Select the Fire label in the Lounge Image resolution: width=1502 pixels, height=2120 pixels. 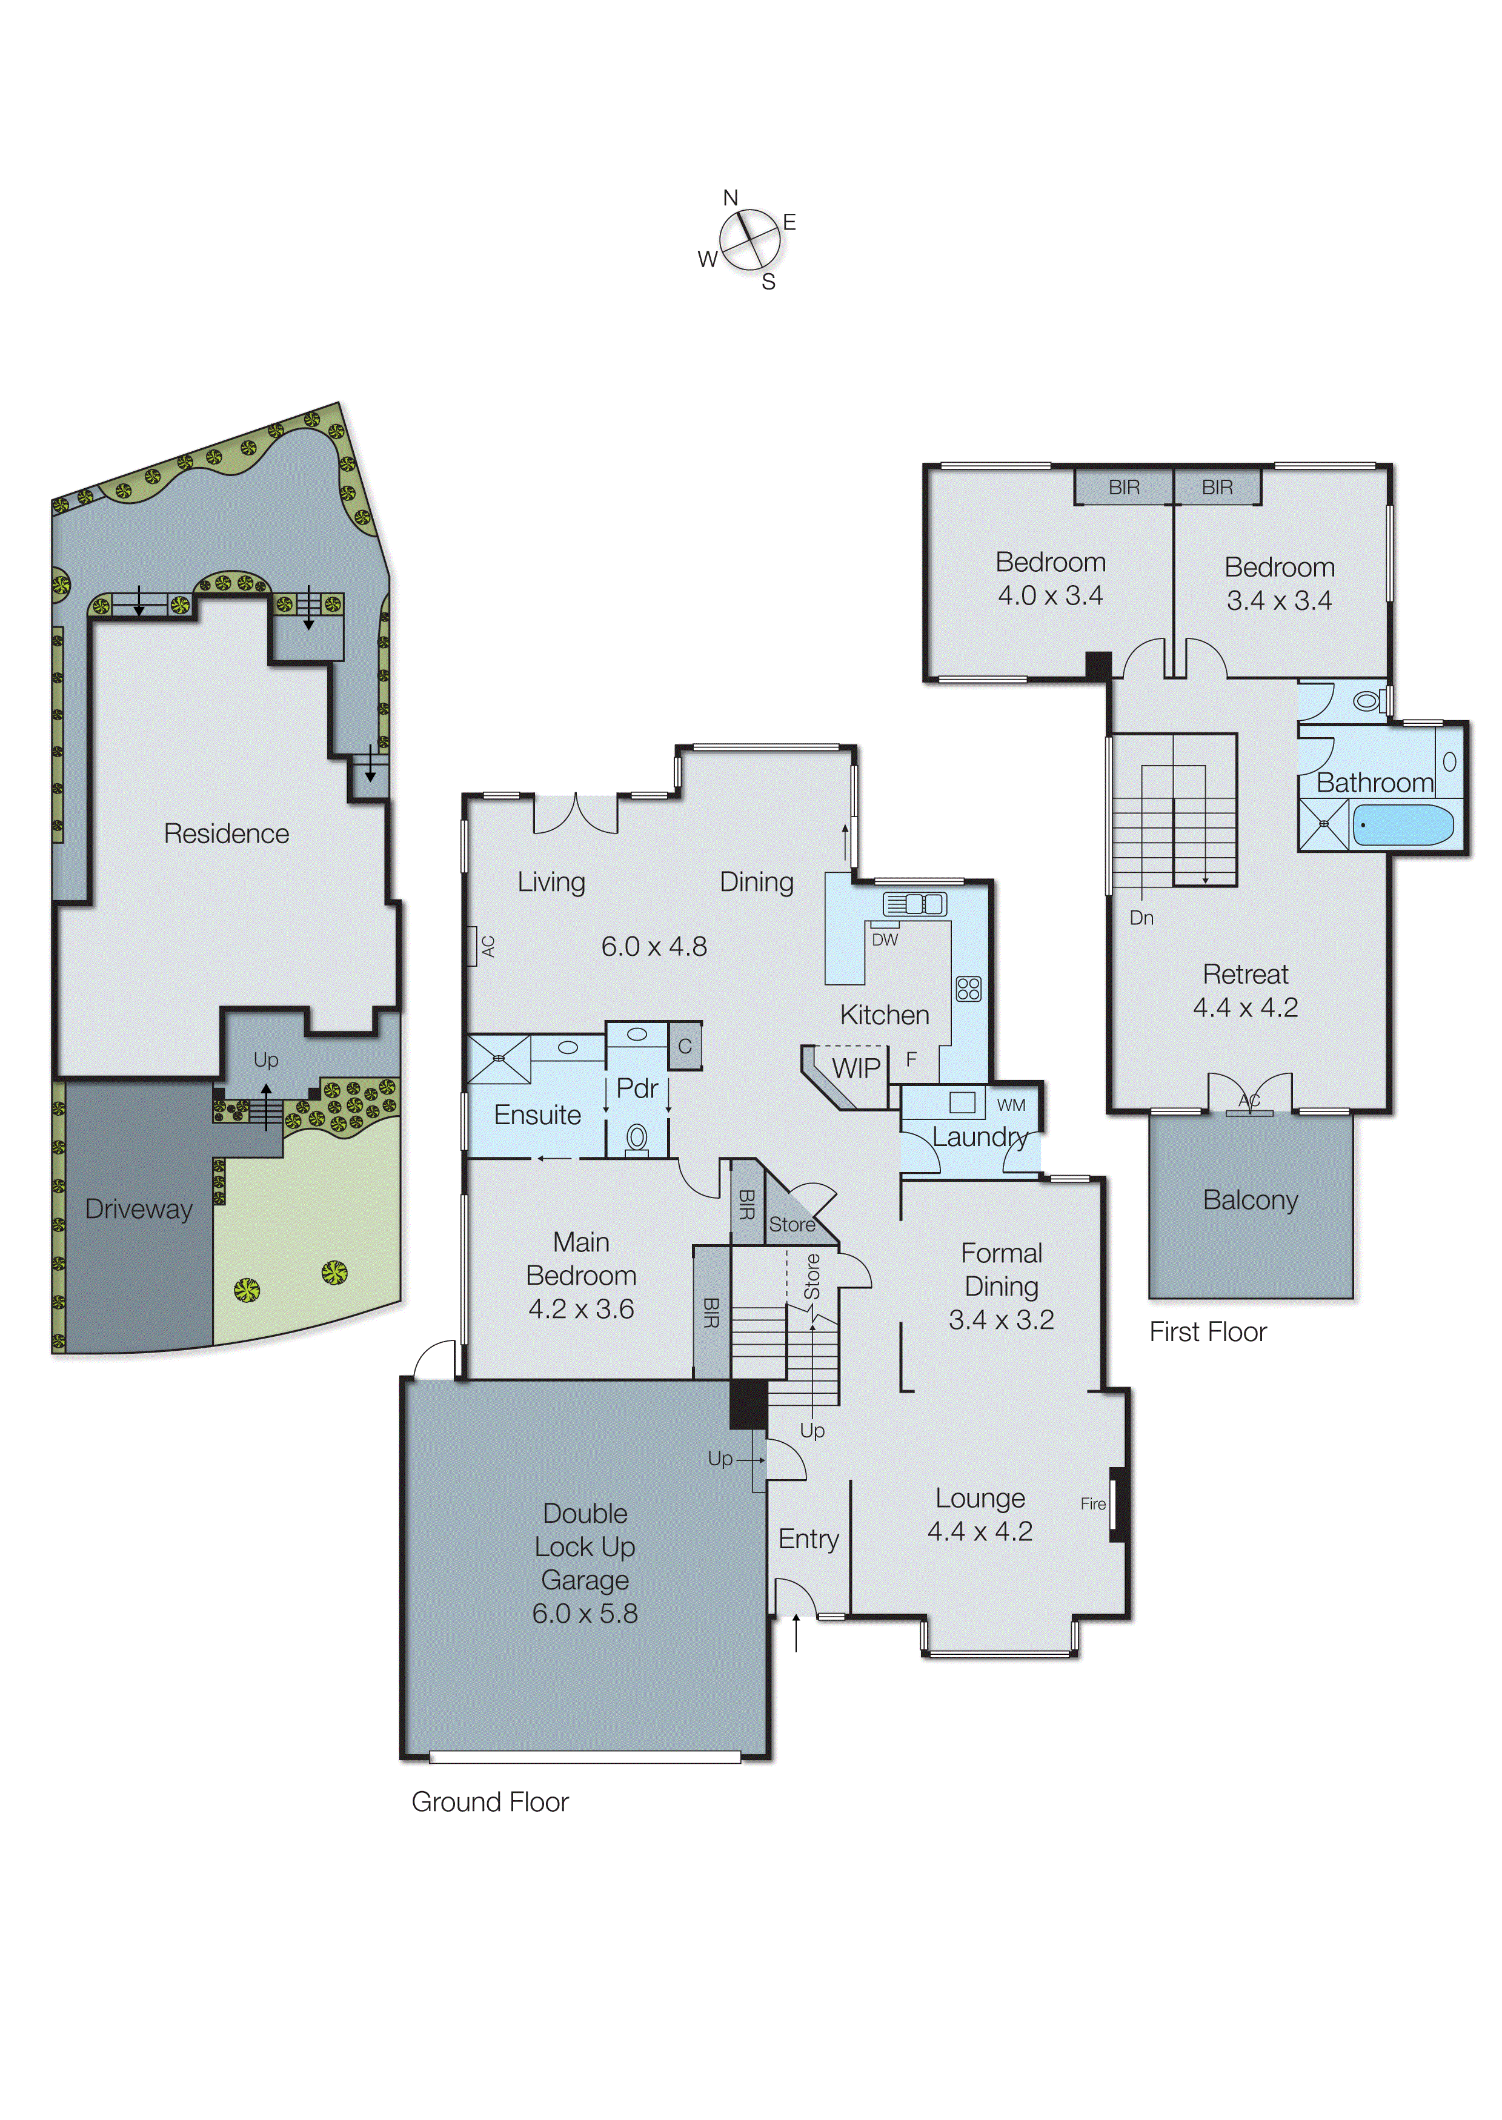click(1092, 1503)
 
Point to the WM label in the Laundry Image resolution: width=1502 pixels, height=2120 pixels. click(1011, 1105)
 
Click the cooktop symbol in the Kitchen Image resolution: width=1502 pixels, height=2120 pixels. click(968, 989)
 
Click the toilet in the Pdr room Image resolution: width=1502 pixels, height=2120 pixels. click(636, 1137)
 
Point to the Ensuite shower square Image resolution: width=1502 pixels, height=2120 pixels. click(499, 1059)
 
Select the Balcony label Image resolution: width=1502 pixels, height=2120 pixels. click(1251, 1200)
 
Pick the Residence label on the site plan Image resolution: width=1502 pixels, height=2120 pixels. click(227, 834)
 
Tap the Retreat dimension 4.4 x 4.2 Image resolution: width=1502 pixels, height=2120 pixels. click(1245, 1008)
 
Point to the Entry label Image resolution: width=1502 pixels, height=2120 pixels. click(808, 1539)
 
